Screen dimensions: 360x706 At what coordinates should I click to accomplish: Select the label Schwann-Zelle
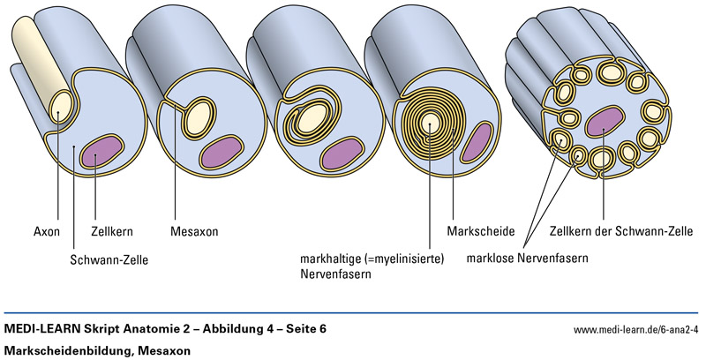[109, 260]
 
